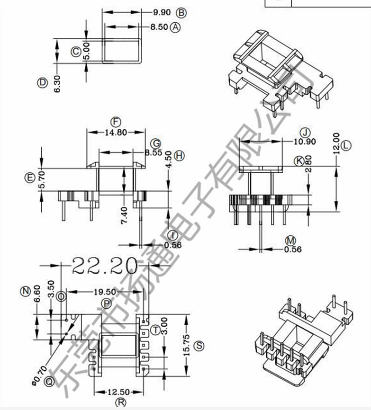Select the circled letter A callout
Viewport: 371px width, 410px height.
coord(176,27)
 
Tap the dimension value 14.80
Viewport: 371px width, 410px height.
coord(115,133)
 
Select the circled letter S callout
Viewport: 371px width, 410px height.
coord(199,346)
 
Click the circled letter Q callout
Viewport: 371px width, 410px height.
coord(48,380)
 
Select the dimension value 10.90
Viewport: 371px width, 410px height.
coord(305,142)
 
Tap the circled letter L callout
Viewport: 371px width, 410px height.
coord(346,145)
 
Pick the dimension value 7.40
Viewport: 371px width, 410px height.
coord(125,216)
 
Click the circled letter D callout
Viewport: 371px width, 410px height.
coord(43,83)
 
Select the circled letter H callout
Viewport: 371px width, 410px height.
coord(179,155)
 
